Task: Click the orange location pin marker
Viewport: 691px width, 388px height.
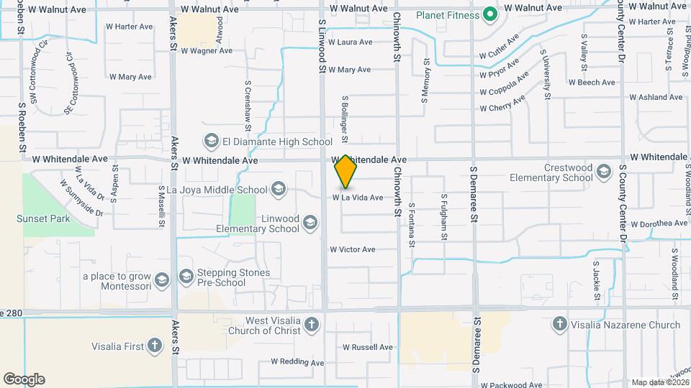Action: coord(345,172)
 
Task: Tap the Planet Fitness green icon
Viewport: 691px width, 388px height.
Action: coord(490,14)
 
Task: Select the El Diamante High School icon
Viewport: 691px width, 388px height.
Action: coord(212,140)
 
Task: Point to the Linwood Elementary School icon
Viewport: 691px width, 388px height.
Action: coord(310,221)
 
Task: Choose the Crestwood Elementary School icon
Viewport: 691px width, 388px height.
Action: coord(603,171)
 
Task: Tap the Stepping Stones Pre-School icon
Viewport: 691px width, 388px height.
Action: coord(186,276)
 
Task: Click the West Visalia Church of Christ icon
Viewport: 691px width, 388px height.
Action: coord(312,324)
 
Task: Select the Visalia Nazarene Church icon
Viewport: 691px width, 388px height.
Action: coord(559,324)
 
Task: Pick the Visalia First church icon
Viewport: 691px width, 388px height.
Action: coord(155,346)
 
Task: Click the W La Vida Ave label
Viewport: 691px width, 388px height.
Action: coord(357,198)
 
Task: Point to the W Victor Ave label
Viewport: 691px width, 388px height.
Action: coord(353,250)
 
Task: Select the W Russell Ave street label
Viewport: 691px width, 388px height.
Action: coord(368,347)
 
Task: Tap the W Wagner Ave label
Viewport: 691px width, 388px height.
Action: coord(207,51)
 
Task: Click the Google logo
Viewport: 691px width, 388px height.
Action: coord(24,379)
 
